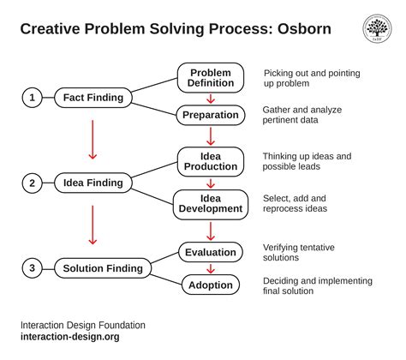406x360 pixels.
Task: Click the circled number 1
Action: click(32, 98)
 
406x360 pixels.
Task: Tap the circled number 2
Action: click(32, 183)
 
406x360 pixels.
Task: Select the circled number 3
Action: click(32, 268)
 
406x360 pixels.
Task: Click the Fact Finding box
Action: click(93, 98)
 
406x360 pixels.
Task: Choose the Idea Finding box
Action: click(93, 183)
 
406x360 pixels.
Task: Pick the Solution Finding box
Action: click(102, 268)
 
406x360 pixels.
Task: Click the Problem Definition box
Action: click(211, 78)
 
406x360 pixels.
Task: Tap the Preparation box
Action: click(211, 114)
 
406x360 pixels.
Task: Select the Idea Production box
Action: click(211, 162)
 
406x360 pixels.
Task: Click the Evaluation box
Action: click(211, 251)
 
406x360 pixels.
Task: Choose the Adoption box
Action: click(211, 284)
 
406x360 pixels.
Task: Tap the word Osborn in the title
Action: click(302, 29)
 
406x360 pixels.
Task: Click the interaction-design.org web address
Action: click(70, 337)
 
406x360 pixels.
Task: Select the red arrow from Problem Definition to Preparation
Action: click(211, 98)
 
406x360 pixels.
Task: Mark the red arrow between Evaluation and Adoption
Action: click(211, 267)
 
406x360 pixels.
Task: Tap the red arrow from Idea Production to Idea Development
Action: click(211, 183)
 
